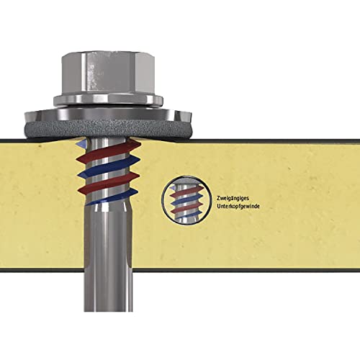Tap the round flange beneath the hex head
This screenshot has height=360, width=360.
108,101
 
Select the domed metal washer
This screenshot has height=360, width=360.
108,114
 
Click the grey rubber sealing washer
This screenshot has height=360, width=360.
108,130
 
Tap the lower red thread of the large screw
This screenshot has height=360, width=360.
108,183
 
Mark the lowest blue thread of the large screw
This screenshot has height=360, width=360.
112,197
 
